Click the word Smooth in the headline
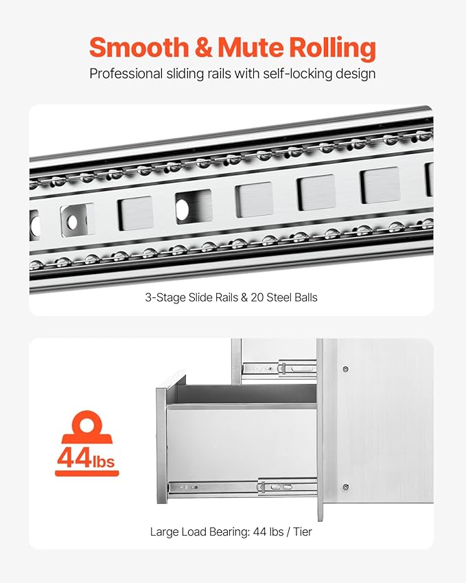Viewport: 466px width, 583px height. tap(139, 47)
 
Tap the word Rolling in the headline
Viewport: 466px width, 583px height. tap(333, 48)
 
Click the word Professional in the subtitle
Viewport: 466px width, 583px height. tap(126, 73)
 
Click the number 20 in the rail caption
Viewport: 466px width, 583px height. tap(257, 297)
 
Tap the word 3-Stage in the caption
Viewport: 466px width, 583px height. tap(165, 298)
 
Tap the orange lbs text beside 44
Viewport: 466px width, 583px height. tap(103, 460)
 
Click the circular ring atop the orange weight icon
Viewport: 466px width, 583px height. tap(86, 424)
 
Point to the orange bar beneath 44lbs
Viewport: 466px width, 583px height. tap(87, 473)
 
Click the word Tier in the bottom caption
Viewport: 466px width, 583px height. tap(302, 531)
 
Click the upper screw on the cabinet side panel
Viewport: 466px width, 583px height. tap(346, 369)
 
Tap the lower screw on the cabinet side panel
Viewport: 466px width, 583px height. tap(346, 487)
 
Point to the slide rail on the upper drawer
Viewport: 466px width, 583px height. tap(279, 369)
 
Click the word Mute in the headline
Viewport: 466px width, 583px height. tap(251, 47)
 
